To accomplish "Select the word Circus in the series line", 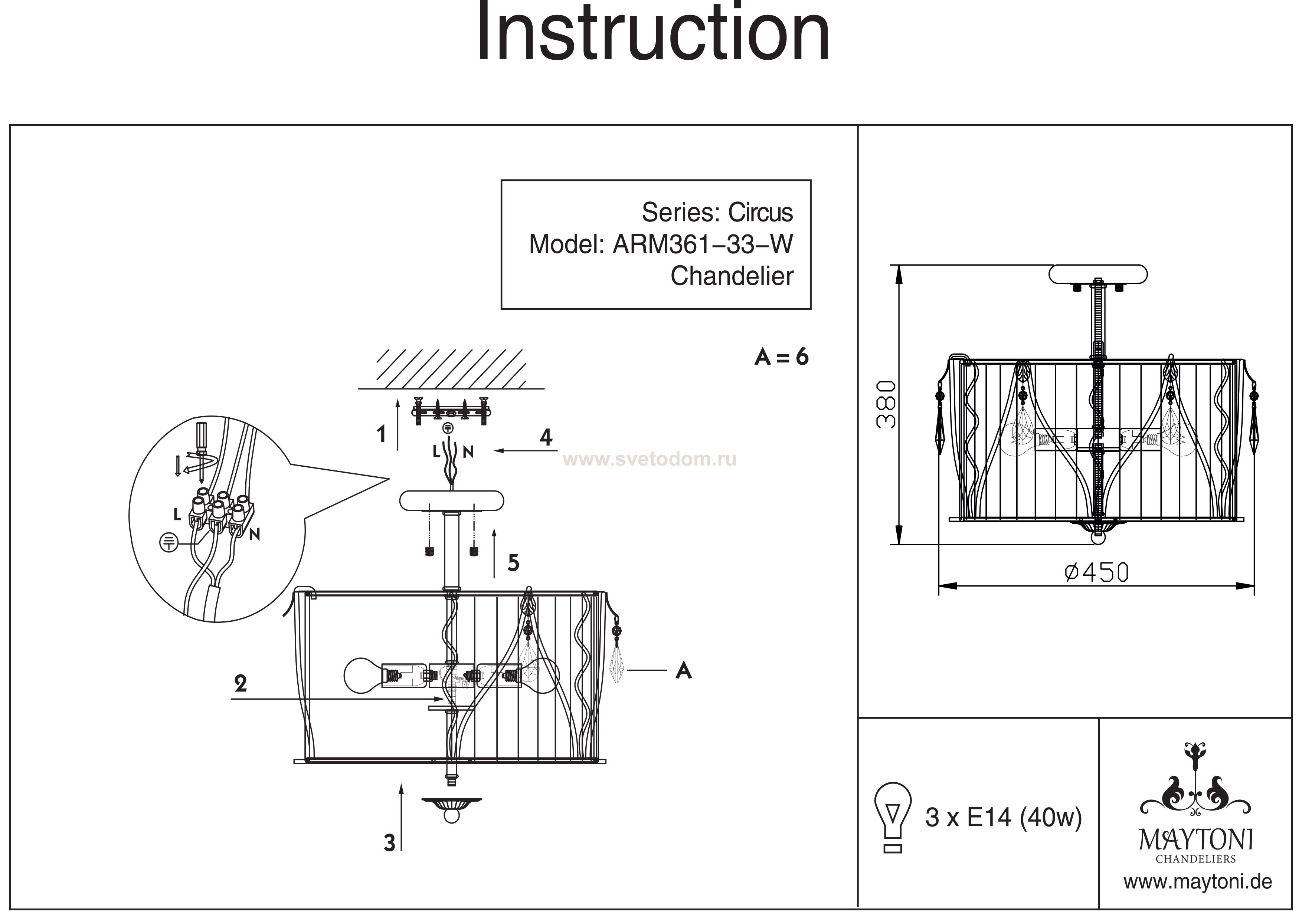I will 760,213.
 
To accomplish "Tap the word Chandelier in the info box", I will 732,277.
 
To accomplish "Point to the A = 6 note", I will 781,357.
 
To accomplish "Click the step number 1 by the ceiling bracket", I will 382,435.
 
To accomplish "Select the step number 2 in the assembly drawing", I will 241,684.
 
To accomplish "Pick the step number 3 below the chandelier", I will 389,843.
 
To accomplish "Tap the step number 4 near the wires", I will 546,437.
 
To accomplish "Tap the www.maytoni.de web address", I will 1197,882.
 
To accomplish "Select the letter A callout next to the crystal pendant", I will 684,671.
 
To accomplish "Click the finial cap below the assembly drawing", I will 451,806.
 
